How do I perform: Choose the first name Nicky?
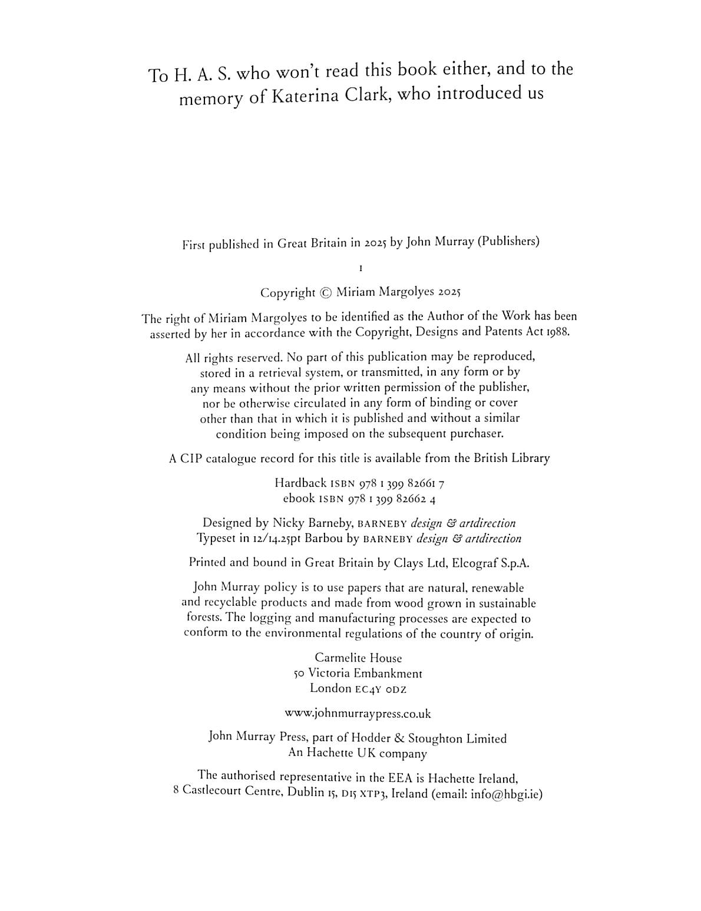[x=287, y=523]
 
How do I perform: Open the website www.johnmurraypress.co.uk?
[x=358, y=714]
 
